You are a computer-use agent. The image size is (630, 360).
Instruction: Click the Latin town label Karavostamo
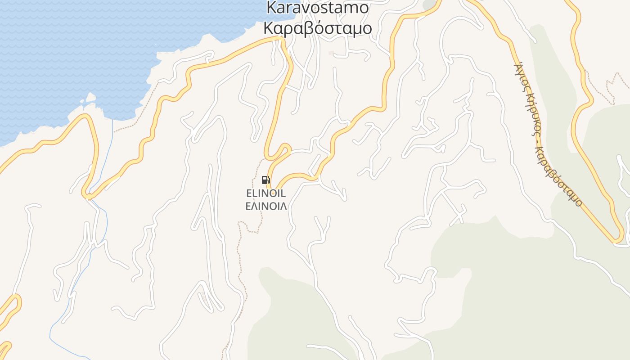click(317, 8)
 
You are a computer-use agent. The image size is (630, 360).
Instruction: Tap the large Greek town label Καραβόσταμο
click(317, 28)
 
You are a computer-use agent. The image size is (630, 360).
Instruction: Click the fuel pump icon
click(265, 180)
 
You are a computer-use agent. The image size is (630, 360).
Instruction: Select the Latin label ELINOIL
click(266, 193)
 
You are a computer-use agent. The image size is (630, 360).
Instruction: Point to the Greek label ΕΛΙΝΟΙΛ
click(266, 206)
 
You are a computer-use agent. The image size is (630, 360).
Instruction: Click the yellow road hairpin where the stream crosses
click(88, 195)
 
